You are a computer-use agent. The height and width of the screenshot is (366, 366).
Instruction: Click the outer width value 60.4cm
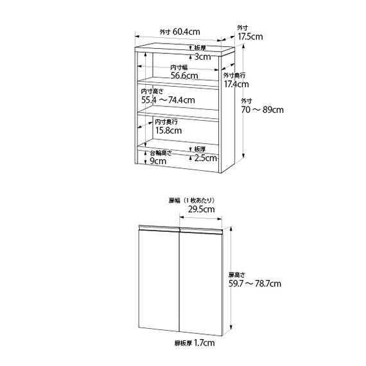click(186, 31)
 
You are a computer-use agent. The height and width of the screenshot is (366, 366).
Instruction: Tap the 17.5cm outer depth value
click(250, 37)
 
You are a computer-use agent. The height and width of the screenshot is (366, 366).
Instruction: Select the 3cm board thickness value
click(203, 57)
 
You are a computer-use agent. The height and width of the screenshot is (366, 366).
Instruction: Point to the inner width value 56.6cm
click(184, 75)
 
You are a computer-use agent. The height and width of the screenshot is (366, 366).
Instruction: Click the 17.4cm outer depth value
click(236, 84)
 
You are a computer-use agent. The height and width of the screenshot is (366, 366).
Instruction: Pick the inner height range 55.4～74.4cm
click(168, 100)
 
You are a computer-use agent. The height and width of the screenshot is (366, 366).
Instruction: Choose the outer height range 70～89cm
click(262, 109)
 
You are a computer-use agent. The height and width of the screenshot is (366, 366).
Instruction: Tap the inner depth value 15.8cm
click(168, 130)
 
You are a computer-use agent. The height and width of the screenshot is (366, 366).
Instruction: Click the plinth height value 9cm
click(158, 161)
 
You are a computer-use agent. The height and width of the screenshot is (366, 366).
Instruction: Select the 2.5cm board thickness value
click(205, 158)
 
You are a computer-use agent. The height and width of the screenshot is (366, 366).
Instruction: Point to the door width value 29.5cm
click(202, 209)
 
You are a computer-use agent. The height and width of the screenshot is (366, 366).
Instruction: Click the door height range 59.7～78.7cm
click(255, 284)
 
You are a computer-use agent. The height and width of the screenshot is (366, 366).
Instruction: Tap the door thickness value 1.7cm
click(204, 343)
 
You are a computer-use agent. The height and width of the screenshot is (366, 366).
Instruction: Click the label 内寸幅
click(179, 67)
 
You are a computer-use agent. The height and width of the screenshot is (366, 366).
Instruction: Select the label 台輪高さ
click(161, 153)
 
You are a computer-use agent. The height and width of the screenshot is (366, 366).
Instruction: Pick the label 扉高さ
click(237, 275)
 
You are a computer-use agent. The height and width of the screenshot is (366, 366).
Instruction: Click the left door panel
click(159, 279)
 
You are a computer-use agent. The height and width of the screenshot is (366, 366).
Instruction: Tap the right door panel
click(200, 282)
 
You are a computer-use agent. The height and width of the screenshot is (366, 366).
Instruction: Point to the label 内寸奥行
click(166, 121)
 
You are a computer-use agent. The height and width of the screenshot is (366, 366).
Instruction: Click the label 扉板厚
click(184, 344)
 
